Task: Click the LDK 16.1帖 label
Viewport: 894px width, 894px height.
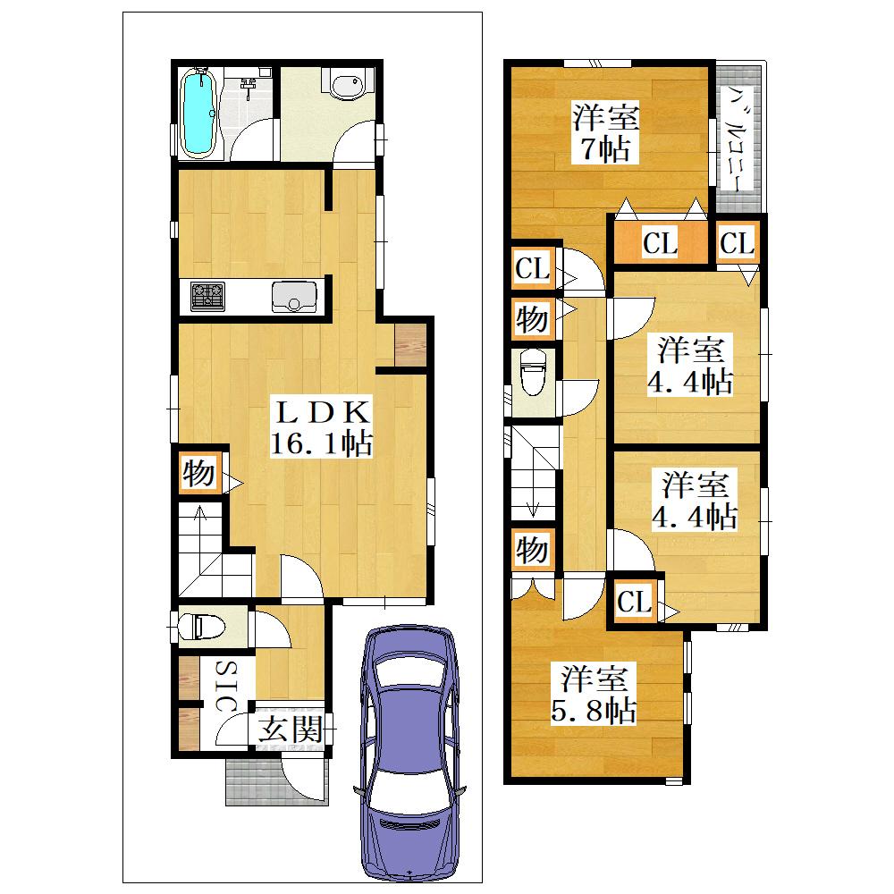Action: click(x=322, y=427)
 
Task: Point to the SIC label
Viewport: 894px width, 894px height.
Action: click(x=226, y=686)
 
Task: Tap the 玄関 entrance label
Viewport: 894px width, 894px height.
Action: click(x=291, y=729)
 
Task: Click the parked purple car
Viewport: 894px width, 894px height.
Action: click(x=409, y=752)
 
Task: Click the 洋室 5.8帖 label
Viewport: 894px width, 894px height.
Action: click(x=594, y=694)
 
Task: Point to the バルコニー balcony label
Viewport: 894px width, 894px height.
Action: click(x=738, y=139)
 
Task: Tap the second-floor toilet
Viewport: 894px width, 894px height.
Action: click(x=534, y=371)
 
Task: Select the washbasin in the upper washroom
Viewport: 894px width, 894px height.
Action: click(x=345, y=84)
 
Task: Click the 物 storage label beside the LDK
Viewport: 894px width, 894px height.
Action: click(x=199, y=473)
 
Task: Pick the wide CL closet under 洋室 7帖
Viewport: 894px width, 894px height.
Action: click(x=661, y=242)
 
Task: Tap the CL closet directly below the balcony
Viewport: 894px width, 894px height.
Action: click(x=738, y=242)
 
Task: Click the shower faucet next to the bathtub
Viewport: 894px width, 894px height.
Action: click(x=248, y=89)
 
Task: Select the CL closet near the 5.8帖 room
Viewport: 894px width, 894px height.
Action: click(x=634, y=601)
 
